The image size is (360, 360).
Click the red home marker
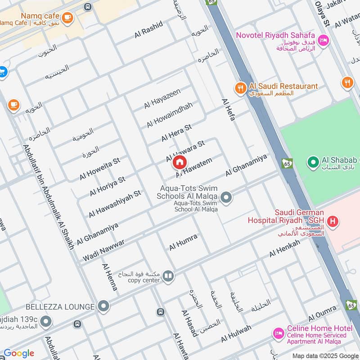180,162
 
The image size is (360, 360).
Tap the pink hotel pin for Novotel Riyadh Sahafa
323,40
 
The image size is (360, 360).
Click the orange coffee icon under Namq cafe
67,18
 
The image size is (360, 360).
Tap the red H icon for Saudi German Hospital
333,221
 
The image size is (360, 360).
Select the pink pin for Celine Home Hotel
279,333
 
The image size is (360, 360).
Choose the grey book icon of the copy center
168,275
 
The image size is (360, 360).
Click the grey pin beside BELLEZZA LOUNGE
104,306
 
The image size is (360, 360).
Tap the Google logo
19,353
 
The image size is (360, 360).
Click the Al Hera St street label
176,133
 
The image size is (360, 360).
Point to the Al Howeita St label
100,168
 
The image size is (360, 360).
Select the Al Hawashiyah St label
115,203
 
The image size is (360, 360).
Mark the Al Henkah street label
284,248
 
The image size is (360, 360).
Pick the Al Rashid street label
148,30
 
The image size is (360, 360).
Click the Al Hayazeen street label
162,99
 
